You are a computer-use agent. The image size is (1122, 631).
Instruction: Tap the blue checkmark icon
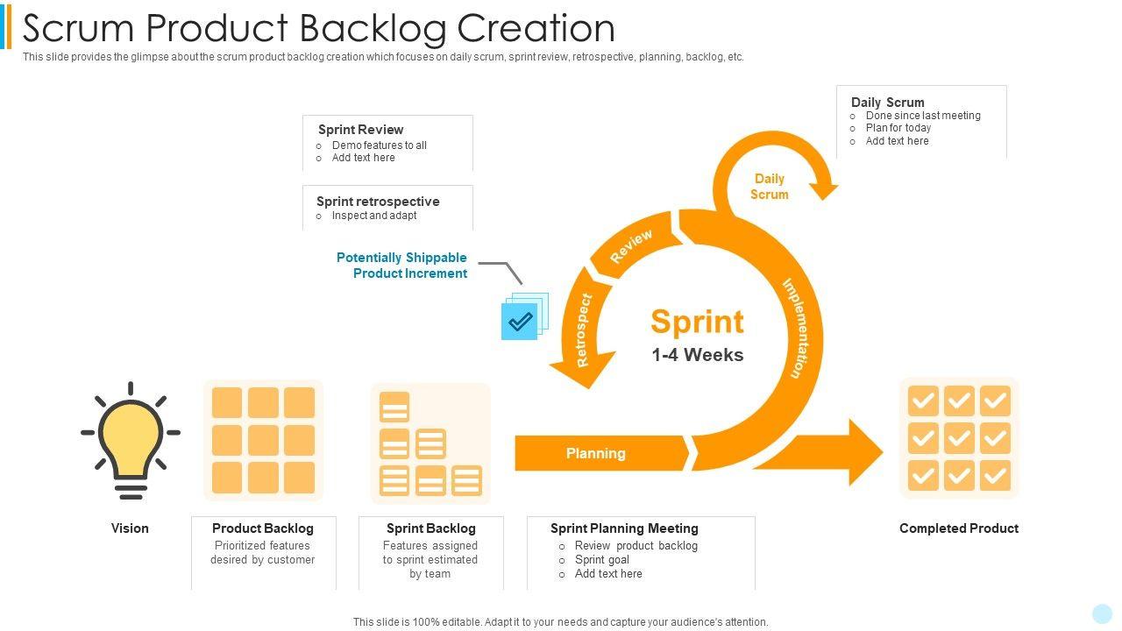coord(520,321)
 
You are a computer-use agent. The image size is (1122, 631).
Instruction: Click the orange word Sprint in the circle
coord(697,322)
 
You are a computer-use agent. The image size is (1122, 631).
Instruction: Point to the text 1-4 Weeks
coord(697,355)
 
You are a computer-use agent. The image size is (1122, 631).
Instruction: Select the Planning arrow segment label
coord(596,453)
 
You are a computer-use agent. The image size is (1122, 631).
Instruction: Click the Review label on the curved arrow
coord(631,246)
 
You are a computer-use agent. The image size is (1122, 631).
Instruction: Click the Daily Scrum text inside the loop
coord(769,187)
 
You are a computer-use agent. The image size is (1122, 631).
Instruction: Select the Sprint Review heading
coord(360,130)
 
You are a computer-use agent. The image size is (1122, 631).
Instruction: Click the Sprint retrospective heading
coord(378,202)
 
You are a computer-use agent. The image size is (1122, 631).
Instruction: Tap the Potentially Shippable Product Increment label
coord(402,266)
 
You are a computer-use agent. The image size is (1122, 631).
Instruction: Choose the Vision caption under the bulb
coord(130,528)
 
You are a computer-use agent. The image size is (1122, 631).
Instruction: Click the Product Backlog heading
coord(262,528)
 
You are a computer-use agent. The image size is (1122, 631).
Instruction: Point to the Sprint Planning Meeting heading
coord(624,528)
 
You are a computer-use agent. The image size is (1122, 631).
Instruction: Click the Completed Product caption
coord(958,528)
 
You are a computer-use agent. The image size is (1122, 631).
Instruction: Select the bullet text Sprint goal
coord(602,560)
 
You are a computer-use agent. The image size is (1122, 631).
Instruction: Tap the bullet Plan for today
coord(898,128)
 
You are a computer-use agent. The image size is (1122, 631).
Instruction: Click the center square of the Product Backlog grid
coord(263,440)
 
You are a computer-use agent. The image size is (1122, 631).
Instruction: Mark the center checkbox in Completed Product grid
coord(959,438)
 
